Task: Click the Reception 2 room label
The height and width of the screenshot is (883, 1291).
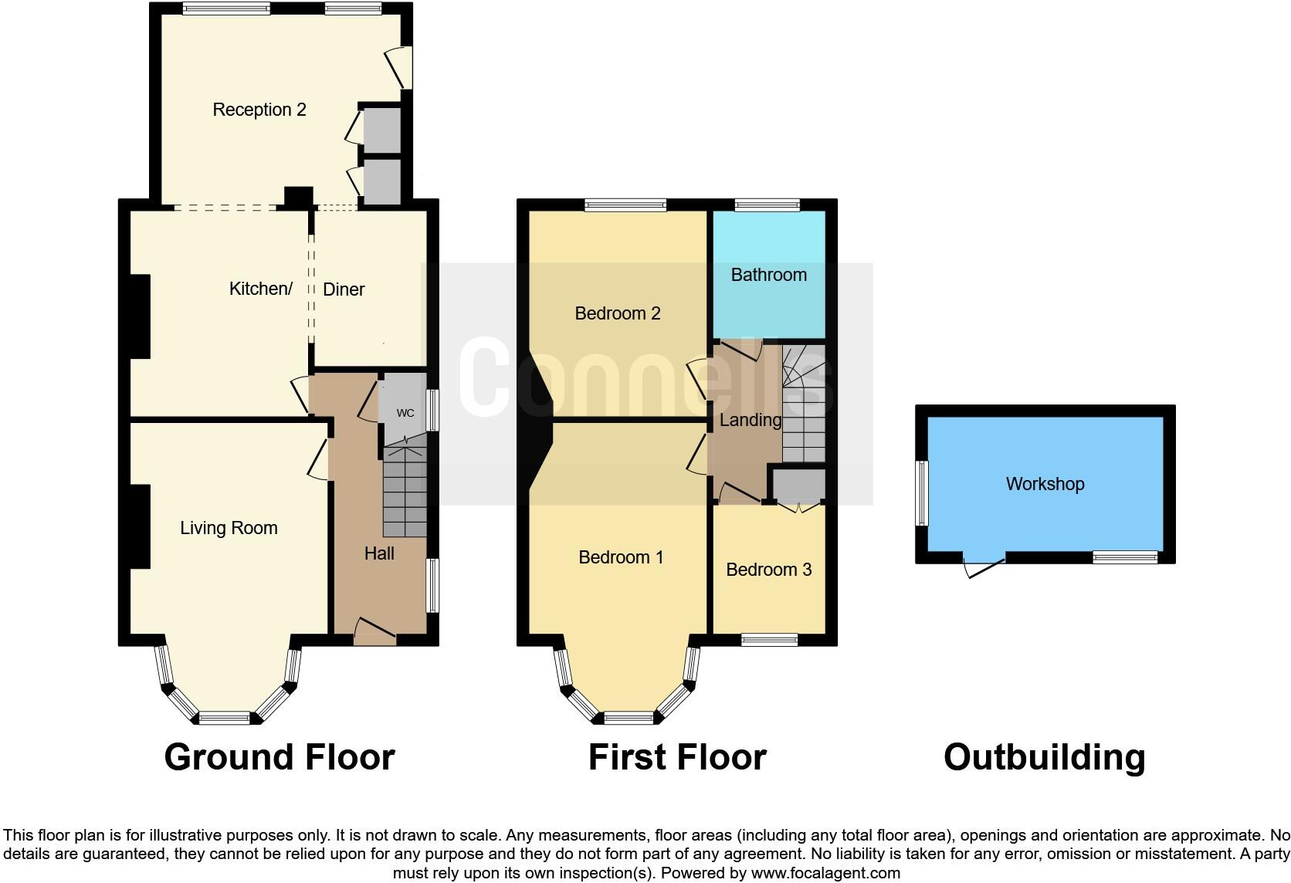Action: (259, 110)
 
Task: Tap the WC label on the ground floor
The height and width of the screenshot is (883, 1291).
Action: (405, 413)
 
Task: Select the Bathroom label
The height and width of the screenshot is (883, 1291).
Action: (768, 275)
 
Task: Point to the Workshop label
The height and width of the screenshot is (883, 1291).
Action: (1045, 484)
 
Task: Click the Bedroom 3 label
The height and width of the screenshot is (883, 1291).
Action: (768, 570)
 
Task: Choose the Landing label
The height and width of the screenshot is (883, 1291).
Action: (751, 420)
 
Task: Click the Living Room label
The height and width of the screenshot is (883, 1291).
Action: (229, 528)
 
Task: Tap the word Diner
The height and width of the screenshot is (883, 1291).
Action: (344, 289)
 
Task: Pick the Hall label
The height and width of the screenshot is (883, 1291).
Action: (379, 553)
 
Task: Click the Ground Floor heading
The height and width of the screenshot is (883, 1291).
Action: (280, 757)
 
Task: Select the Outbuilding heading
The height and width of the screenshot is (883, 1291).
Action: (1044, 757)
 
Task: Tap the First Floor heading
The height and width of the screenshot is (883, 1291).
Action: (677, 757)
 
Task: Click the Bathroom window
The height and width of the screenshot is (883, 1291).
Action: (767, 205)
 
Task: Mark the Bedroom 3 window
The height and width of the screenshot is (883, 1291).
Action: (769, 639)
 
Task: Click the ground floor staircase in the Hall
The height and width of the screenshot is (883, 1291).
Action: (405, 490)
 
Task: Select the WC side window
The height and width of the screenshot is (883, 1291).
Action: (433, 409)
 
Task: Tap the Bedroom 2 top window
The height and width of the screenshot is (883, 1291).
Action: (625, 205)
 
